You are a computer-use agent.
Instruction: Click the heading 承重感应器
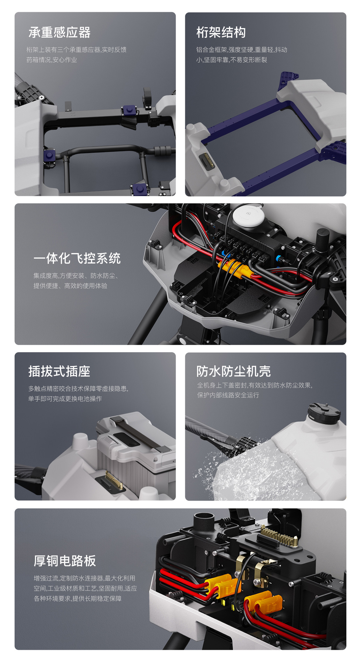coord(60,32)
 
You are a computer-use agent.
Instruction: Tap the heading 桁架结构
coord(221,32)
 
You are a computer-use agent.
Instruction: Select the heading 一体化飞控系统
coord(77,258)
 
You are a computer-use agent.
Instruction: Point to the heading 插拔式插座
coord(59,371)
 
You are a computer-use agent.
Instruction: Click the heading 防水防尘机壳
coord(234,371)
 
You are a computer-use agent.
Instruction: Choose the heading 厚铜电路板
coord(65,561)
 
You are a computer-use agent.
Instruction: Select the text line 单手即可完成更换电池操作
coord(65,399)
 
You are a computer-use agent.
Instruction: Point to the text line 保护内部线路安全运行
coord(228,395)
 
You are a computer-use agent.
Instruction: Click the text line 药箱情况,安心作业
coord(52,60)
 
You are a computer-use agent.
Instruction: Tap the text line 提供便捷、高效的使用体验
coord(70,286)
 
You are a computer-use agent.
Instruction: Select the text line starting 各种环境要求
coord(78,598)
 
